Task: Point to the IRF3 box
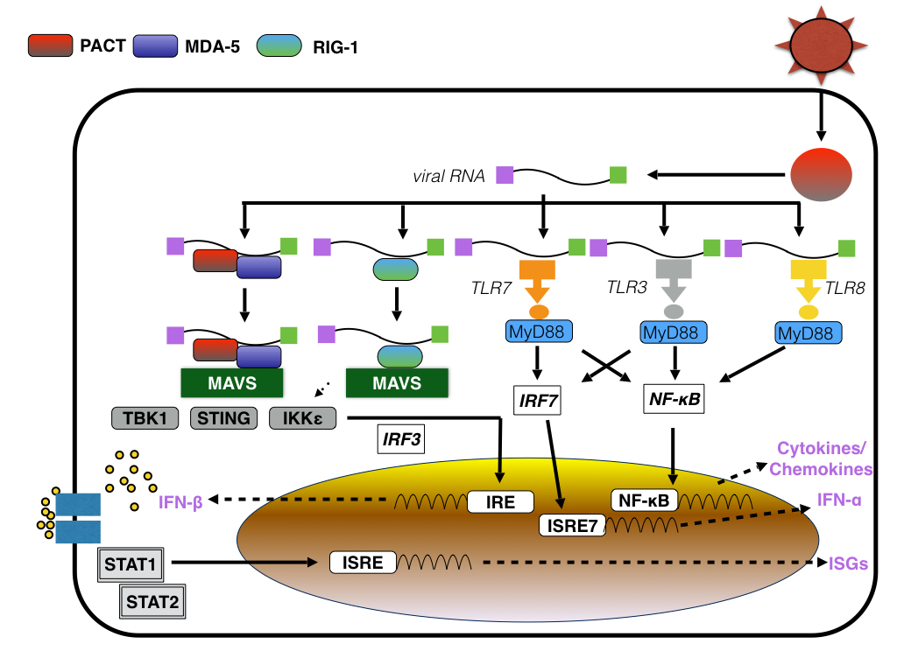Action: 400,437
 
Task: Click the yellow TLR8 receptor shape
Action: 809,282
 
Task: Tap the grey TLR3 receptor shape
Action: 674,282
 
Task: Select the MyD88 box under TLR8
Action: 809,332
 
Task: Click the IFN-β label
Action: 181,503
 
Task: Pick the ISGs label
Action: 848,564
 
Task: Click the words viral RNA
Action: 449,176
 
